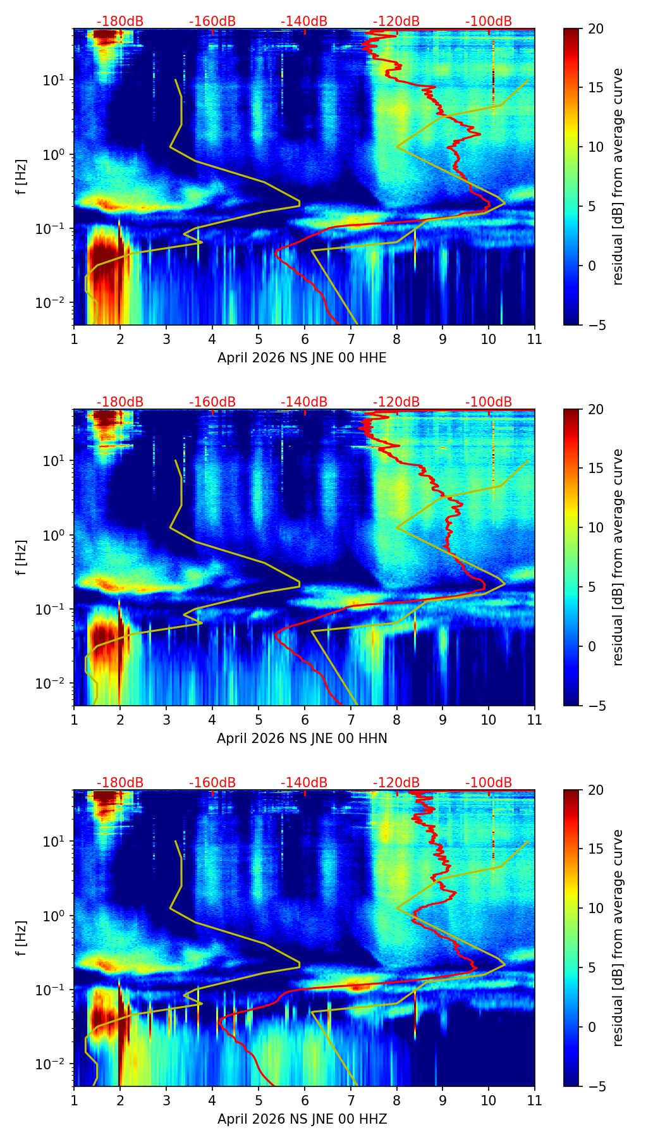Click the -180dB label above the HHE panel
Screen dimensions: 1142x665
point(120,21)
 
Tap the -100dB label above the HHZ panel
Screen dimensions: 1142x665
point(489,783)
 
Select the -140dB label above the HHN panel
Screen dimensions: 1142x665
point(304,402)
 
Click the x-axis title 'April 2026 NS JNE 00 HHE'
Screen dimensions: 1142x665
point(302,358)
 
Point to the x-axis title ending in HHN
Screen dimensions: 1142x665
point(302,739)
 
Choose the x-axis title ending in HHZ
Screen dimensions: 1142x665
point(302,1119)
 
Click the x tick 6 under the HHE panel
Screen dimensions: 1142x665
point(304,339)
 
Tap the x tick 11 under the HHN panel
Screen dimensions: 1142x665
point(534,720)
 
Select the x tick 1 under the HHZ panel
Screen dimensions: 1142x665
point(74,1100)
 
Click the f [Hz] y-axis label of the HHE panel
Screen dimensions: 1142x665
point(21,177)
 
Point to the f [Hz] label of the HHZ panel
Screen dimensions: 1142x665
point(21,938)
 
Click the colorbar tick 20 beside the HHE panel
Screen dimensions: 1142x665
point(595,29)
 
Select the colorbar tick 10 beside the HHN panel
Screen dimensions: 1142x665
point(595,527)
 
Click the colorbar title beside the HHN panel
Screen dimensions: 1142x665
point(618,557)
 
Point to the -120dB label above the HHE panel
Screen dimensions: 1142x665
point(396,21)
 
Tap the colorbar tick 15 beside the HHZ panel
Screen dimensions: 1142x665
point(595,849)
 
